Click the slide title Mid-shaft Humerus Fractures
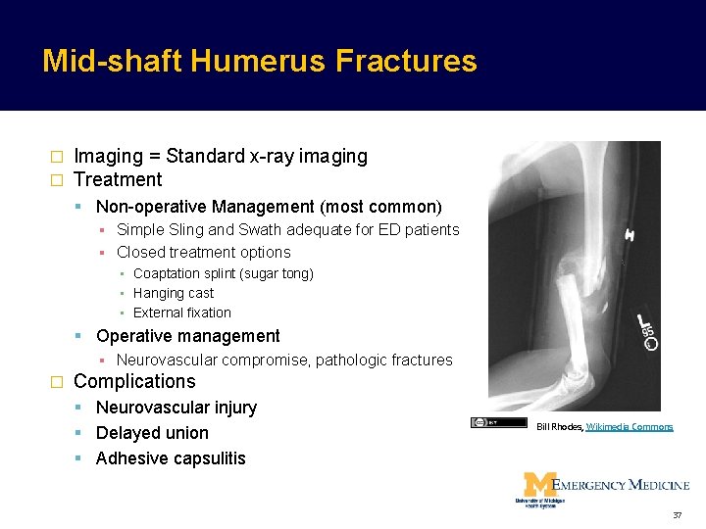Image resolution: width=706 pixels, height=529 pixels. click(x=259, y=62)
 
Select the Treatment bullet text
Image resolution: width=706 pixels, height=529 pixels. click(x=118, y=179)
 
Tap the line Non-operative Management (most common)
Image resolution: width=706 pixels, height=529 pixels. click(x=269, y=207)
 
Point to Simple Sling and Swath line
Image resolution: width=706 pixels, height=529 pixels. click(x=287, y=229)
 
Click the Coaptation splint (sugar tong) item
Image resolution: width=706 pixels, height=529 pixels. click(x=223, y=273)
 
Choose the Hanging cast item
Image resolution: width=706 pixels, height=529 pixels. click(x=173, y=293)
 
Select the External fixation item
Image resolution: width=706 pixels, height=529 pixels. click(x=181, y=313)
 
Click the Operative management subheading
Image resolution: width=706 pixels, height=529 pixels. click(x=187, y=336)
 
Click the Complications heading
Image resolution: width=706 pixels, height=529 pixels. click(x=134, y=381)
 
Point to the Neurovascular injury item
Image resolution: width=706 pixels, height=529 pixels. click(x=176, y=408)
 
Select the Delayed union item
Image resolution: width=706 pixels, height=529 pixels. click(x=152, y=433)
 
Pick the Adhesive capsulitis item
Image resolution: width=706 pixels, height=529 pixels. click(x=171, y=458)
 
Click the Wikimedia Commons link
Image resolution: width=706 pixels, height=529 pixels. click(x=630, y=427)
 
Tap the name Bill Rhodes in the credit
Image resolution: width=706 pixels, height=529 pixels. click(x=559, y=427)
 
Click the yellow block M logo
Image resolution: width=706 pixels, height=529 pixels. click(x=536, y=485)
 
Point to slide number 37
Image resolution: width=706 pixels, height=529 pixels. click(x=676, y=515)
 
